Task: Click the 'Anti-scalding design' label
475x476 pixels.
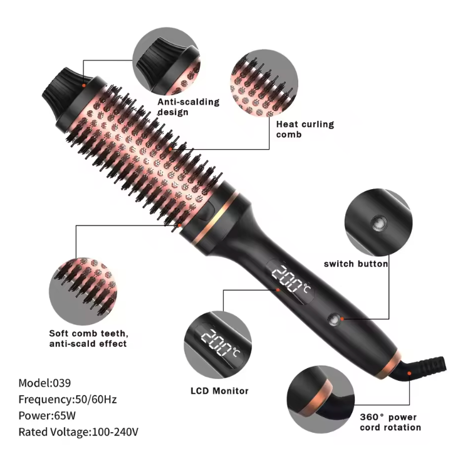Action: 188,106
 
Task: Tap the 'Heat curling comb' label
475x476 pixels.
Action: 305,129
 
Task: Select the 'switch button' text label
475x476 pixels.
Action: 356,264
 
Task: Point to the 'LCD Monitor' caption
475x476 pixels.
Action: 219,391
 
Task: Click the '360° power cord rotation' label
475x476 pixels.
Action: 390,422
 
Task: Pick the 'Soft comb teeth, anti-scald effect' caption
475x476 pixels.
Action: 89,338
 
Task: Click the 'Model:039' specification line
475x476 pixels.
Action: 44,383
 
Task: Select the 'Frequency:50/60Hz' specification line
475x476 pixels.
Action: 68,399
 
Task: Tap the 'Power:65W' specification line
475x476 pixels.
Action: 47,416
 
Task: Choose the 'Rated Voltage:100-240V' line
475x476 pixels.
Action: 78,432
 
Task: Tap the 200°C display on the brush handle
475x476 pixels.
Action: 290,279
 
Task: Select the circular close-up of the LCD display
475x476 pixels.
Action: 217,345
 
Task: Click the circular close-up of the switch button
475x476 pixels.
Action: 378,222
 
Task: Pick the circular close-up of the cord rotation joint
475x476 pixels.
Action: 321,400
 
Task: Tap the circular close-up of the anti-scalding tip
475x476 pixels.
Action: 167,61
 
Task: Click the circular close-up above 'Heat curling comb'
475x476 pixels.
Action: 264,83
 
